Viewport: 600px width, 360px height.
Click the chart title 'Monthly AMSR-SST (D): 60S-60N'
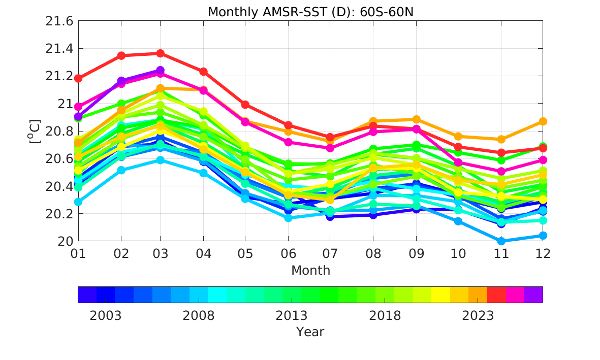[310, 12]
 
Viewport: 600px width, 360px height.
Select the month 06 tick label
[288, 253]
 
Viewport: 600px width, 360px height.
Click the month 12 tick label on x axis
[543, 253]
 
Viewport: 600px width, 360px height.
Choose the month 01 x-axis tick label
[78, 253]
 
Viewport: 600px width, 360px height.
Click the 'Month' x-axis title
[310, 271]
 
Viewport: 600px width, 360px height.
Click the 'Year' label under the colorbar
[310, 332]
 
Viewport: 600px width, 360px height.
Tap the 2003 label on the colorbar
[106, 316]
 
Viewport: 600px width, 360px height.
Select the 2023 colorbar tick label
[478, 316]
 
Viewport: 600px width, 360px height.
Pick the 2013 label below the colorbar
[292, 316]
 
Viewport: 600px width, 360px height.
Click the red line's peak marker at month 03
[161, 53]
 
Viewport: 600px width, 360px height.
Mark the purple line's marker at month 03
[161, 71]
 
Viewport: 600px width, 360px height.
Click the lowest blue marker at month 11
[501, 241]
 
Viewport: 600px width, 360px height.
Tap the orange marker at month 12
[543, 121]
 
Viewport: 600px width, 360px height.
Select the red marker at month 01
[78, 78]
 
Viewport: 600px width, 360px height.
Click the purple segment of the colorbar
[533, 294]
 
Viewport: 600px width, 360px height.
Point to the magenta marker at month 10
[458, 163]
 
